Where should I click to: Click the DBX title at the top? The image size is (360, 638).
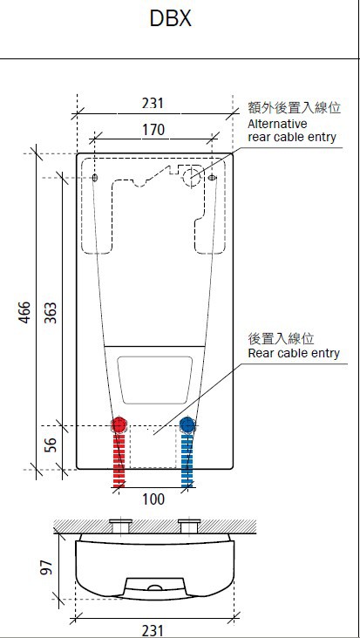(171, 18)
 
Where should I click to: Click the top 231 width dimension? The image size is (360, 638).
(153, 103)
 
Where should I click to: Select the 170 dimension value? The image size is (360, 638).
(153, 130)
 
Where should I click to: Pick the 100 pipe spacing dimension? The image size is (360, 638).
(153, 499)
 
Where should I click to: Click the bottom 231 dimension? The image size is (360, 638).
(153, 629)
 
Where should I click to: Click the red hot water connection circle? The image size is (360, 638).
(119, 425)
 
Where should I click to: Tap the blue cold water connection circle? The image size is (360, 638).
(187, 425)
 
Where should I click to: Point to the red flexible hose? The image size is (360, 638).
(119, 458)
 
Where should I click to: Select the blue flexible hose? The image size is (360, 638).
(187, 458)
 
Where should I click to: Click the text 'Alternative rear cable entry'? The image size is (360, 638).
(292, 131)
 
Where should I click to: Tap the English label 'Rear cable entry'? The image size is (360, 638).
(294, 353)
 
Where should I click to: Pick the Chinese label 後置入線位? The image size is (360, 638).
(281, 338)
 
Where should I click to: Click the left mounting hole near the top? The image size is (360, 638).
(95, 178)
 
